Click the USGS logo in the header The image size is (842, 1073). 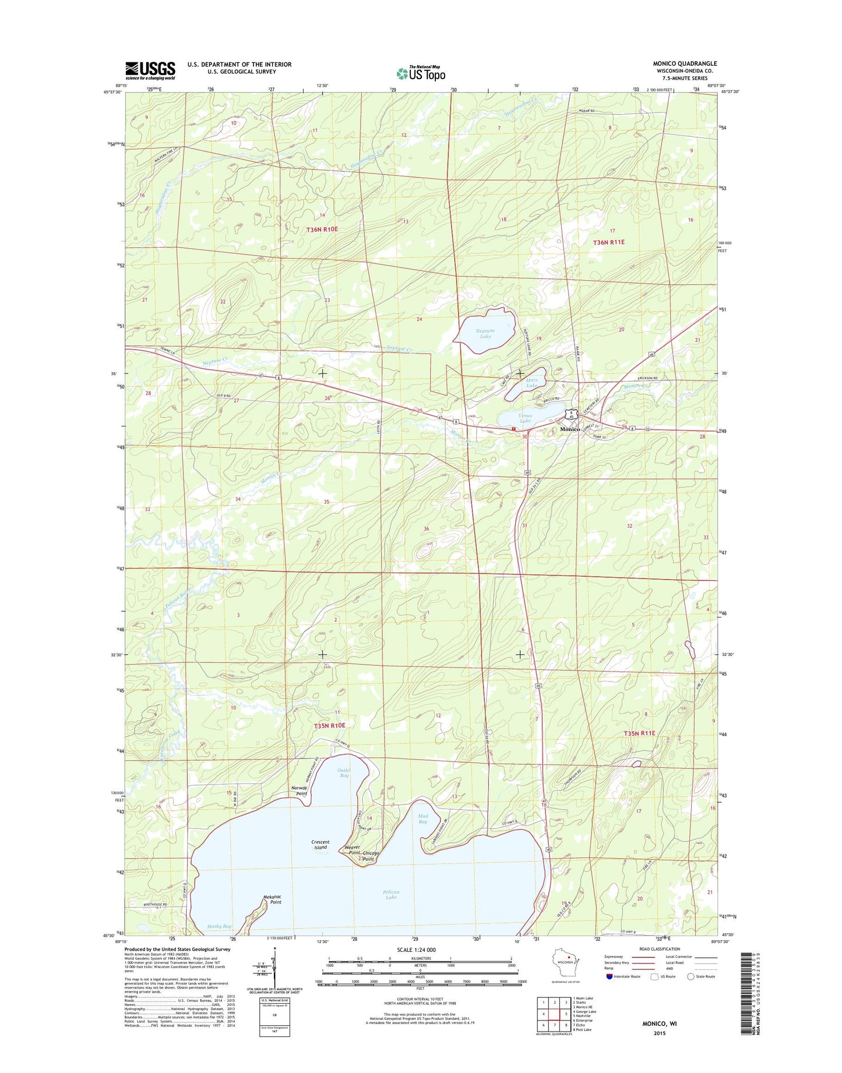pos(150,70)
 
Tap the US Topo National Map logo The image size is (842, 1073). pos(421,73)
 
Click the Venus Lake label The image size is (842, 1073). pos(525,418)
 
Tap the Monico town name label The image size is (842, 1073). pos(570,429)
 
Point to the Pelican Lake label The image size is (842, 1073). pos(391,894)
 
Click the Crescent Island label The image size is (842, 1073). pos(320,844)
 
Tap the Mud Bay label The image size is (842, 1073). pos(422,818)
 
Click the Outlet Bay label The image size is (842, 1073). pos(344,772)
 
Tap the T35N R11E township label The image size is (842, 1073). pos(639,733)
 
